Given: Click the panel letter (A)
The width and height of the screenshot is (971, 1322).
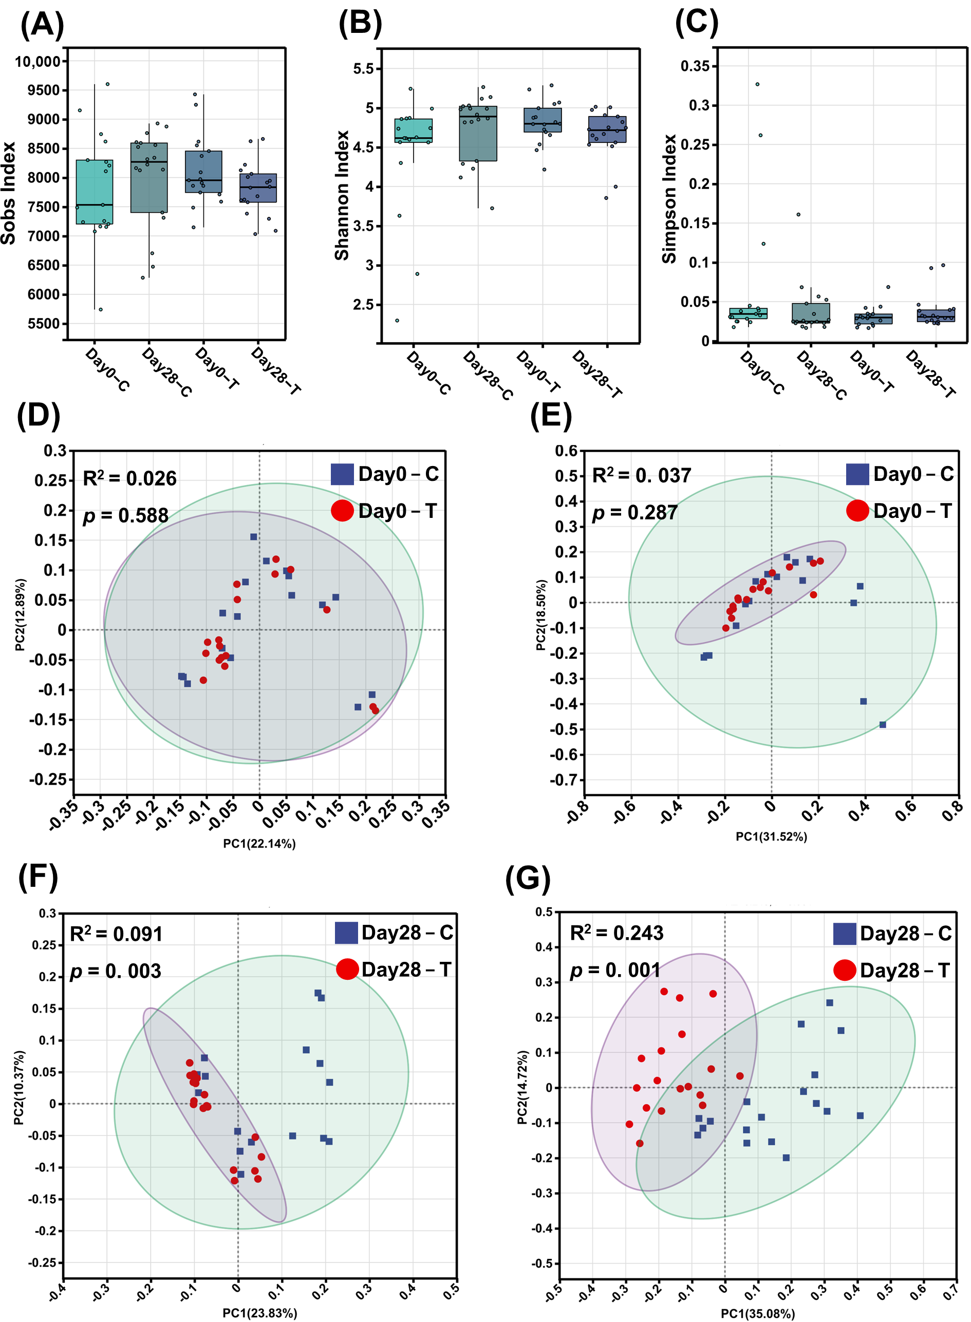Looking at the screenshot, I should [x=42, y=25].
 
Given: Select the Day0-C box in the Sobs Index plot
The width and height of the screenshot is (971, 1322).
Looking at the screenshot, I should [x=95, y=192].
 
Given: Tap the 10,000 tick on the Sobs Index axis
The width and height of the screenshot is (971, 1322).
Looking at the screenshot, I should [x=38, y=62].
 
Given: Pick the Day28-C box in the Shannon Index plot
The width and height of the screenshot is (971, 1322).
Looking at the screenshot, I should [x=478, y=134].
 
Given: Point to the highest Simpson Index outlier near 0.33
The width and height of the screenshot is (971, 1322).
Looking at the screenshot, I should [x=757, y=84].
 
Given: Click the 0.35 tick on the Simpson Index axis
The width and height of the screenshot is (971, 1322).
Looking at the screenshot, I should [x=699, y=66].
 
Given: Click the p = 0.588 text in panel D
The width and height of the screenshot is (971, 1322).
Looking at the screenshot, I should [x=126, y=515].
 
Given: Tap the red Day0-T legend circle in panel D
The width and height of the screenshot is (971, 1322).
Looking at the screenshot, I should [x=342, y=510].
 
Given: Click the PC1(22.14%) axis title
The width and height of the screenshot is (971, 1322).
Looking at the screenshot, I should [x=259, y=844].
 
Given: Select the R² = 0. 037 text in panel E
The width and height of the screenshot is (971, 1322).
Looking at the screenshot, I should [x=641, y=475].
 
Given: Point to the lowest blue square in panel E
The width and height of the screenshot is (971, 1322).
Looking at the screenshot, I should [x=882, y=725].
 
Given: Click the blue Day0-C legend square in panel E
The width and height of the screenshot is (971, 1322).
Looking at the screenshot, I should [x=857, y=474].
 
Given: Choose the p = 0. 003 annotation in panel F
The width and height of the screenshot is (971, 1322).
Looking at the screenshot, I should [x=116, y=971].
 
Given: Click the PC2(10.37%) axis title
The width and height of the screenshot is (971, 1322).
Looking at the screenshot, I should [x=19, y=1089].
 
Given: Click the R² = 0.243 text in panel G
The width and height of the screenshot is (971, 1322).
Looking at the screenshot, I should [x=617, y=933].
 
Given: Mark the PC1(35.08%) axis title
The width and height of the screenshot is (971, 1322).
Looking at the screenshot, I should [x=758, y=1313].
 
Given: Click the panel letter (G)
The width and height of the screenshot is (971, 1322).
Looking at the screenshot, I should [x=527, y=879].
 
